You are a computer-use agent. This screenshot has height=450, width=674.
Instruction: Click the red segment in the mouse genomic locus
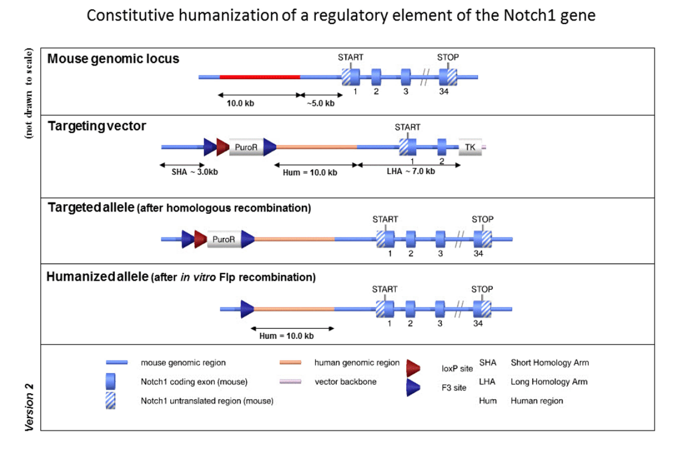(x=260, y=77)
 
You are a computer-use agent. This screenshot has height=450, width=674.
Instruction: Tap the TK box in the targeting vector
(x=470, y=147)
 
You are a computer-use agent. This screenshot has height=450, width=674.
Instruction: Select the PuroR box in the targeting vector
(x=246, y=147)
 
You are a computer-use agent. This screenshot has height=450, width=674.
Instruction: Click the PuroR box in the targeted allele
(x=223, y=239)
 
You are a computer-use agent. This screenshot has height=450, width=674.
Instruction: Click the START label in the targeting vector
(x=407, y=127)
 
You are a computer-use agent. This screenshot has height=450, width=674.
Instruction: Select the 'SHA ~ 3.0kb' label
(x=194, y=172)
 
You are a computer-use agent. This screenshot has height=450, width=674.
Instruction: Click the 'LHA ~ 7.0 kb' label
(x=411, y=171)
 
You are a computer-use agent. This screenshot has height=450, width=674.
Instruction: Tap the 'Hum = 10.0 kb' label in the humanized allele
(x=286, y=336)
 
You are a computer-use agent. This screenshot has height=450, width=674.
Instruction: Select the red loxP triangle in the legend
(x=413, y=368)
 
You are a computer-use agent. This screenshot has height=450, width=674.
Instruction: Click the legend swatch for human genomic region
(x=290, y=362)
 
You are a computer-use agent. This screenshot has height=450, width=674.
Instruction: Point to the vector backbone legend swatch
(x=290, y=382)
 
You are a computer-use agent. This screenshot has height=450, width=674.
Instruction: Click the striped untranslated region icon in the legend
(x=110, y=401)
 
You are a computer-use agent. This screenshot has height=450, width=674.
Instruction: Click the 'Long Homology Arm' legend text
(x=549, y=382)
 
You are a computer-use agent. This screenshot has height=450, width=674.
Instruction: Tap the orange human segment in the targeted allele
(x=294, y=239)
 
